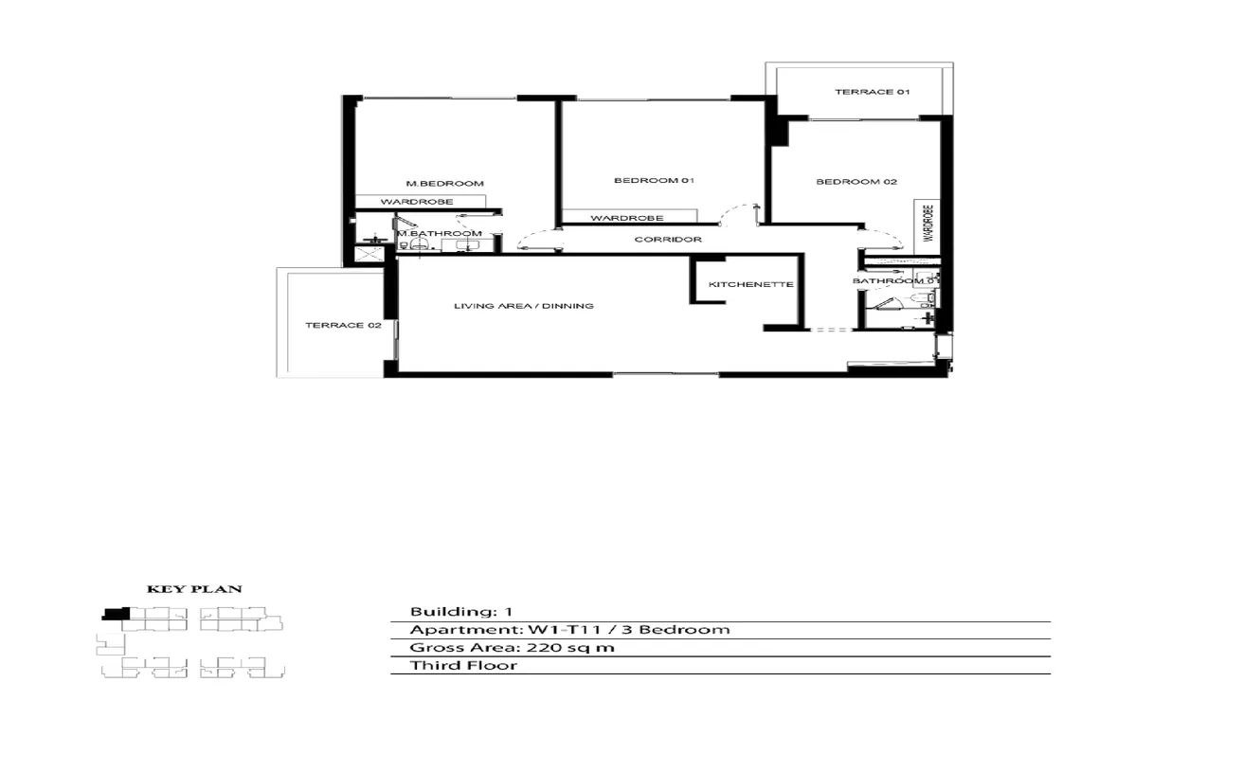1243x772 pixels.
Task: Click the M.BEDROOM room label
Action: click(x=444, y=183)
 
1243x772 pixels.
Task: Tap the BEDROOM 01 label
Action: click(x=655, y=181)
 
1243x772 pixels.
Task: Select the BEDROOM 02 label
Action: click(x=856, y=182)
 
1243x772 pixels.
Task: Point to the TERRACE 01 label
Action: click(x=872, y=92)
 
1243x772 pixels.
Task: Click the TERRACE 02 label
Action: click(x=330, y=325)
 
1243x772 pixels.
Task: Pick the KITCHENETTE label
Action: click(x=750, y=284)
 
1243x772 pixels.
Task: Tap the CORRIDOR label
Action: click(x=668, y=240)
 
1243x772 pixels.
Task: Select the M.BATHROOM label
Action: click(x=440, y=233)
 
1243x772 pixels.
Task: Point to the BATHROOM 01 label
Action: click(x=895, y=281)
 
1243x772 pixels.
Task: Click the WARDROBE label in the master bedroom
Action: click(x=417, y=203)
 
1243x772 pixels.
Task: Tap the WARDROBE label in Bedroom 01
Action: click(x=626, y=219)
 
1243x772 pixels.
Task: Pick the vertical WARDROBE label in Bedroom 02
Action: click(x=928, y=224)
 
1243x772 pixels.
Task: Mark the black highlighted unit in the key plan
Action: click(x=116, y=613)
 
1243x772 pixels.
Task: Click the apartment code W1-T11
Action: click(x=565, y=630)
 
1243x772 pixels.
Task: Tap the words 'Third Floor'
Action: click(x=463, y=666)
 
